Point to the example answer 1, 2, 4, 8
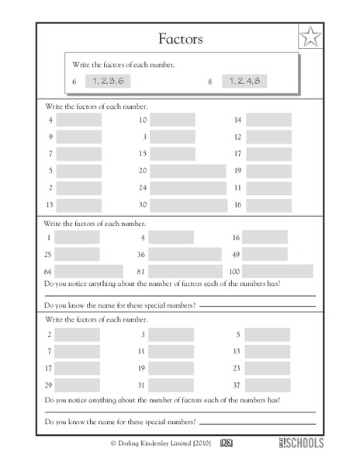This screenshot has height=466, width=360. [244, 81]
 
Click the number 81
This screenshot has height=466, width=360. [142, 272]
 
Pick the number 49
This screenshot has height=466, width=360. [237, 255]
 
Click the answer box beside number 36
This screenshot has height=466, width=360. [185, 255]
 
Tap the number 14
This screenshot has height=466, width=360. [237, 120]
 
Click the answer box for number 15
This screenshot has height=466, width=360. [172, 154]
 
